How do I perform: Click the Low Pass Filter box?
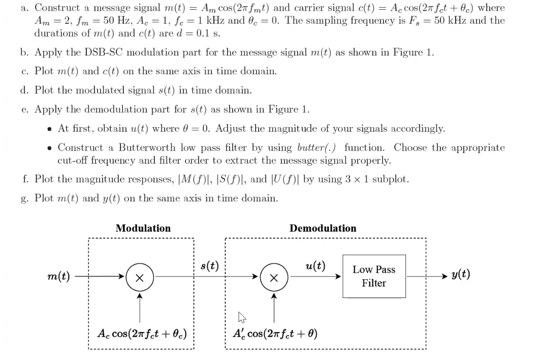coord(374,276)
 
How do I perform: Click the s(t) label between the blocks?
coord(209,266)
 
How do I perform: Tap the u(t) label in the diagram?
coord(315,265)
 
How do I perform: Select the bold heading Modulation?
coord(143,228)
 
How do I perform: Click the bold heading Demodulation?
coord(323,228)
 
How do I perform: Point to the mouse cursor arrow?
coord(241,317)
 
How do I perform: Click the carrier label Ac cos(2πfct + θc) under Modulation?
coord(142,334)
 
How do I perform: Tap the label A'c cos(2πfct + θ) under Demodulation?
coord(274,334)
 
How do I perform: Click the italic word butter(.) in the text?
coord(315,147)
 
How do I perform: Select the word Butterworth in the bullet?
coord(148,147)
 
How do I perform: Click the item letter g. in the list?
coord(25,198)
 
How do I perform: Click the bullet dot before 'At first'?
coord(49,129)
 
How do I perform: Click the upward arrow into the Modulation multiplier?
coord(140,295)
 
